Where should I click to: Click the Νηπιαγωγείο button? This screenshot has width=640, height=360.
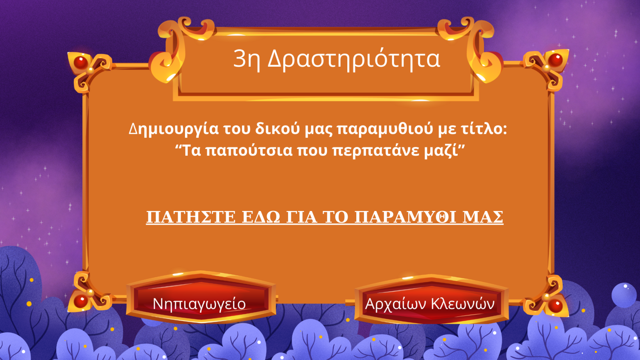coord(201,297)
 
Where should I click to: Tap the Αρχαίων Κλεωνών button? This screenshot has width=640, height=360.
coord(431,300)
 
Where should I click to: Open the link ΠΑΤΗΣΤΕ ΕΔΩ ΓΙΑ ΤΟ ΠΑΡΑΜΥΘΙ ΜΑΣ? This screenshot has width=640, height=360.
coord(325,217)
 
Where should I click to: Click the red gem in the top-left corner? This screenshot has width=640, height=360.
coord(80,62)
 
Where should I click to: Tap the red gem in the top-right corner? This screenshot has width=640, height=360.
coord(556,60)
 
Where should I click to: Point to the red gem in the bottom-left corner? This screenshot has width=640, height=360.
coord(80,301)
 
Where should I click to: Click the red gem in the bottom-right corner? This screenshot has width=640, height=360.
coord(555,306)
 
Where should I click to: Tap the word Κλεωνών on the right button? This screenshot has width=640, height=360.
coord(462,304)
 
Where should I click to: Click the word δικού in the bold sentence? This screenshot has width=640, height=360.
coord(277,129)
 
